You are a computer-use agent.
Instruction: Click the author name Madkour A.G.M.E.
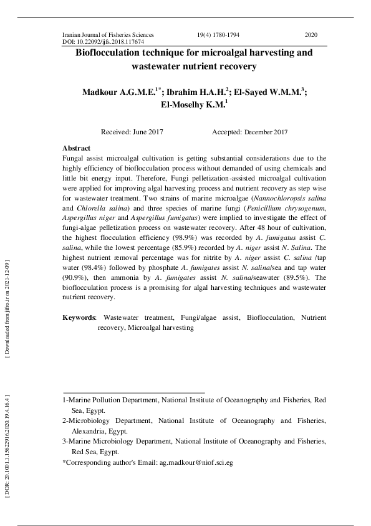pyautogui.click(x=118, y=92)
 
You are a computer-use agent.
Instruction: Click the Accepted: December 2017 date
pyautogui.click(x=249, y=132)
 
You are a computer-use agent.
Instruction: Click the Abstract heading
pyautogui.click(x=77, y=148)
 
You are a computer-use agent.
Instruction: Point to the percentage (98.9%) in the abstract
pyautogui.click(x=196, y=238)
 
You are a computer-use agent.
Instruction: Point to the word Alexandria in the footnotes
pyautogui.click(x=90, y=432)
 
